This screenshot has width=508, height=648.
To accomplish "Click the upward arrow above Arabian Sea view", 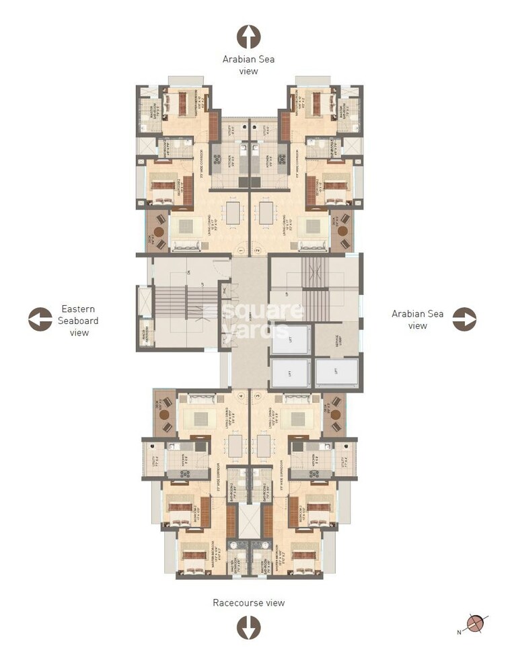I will click(248, 37).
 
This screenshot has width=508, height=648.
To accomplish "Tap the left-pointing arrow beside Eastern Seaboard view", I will click(40, 319).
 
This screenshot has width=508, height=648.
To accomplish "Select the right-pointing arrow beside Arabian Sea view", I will click(464, 319).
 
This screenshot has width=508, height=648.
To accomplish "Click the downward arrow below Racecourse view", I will click(248, 627).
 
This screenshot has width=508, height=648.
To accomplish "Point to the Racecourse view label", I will click(248, 602).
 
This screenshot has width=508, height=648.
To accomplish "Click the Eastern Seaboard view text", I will click(79, 320).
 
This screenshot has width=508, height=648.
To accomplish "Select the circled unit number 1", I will click(240, 251).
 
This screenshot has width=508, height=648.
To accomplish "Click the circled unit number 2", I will click(257, 251).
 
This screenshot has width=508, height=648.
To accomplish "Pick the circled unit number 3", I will click(257, 397).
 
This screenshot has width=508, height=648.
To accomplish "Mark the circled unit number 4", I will click(240, 397).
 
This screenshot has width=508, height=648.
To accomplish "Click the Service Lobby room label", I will click(336, 341).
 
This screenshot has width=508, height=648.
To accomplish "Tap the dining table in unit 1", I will click(233, 213).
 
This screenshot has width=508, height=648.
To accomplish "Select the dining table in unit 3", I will click(264, 444).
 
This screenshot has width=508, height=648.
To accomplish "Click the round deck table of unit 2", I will click(342, 231).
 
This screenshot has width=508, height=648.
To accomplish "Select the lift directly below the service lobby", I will click(336, 372).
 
